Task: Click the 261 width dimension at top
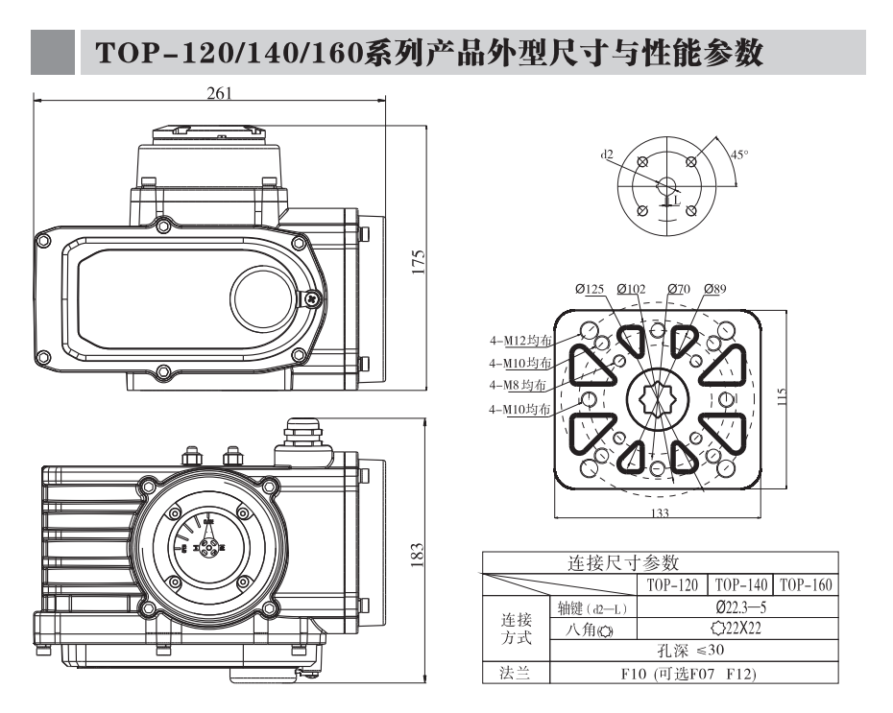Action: [x=219, y=93]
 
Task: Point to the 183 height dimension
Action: [x=418, y=555]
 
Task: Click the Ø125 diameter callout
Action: [x=590, y=289]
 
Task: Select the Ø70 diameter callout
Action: [x=678, y=289]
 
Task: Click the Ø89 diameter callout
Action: [x=715, y=289]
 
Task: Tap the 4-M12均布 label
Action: [x=520, y=341]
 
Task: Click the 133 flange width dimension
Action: [x=660, y=513]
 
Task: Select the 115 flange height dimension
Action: [x=782, y=396]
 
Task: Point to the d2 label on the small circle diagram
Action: [x=607, y=154]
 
